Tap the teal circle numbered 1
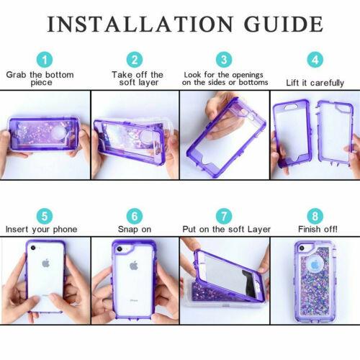coord(45,60)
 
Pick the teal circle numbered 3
coord(225,59)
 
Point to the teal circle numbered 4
coord(314,59)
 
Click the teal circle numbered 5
coord(45,215)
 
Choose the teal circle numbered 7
coord(225,215)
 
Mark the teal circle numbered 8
coord(314,215)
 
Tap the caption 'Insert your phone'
coord(41,230)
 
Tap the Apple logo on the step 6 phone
coord(133,265)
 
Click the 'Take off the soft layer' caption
coord(137,78)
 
